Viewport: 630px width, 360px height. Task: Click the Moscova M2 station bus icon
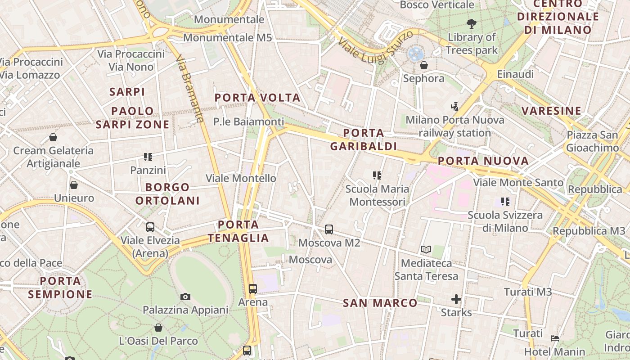[329, 229]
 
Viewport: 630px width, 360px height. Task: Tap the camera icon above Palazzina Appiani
[185, 297]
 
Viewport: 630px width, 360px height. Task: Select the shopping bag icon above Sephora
[423, 66]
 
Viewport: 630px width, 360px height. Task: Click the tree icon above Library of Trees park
[471, 24]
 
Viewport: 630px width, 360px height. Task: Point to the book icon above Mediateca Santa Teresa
[426, 249]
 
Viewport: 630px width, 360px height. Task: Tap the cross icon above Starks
[456, 299]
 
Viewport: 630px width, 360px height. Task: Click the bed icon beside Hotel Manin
[555, 338]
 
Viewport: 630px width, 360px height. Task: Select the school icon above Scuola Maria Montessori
[377, 175]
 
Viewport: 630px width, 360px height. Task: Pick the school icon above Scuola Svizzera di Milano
[505, 202]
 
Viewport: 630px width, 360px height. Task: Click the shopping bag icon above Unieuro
[74, 185]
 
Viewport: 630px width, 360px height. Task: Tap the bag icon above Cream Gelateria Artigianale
[53, 137]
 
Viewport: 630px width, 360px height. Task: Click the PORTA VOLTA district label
[257, 98]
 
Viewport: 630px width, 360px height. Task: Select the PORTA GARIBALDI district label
[364, 139]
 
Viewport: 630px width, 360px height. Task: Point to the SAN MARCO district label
[380, 303]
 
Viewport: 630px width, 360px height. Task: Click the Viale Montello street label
[241, 178]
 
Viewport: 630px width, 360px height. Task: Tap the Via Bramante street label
[189, 89]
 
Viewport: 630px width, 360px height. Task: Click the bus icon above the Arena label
[253, 288]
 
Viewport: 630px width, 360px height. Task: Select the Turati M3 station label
[528, 292]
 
